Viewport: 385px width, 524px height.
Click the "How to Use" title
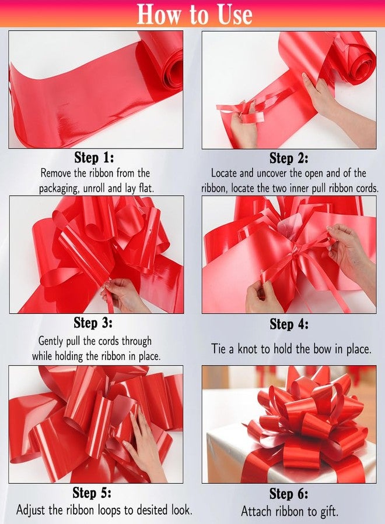pos(194,14)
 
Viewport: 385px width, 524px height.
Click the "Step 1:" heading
pos(94,157)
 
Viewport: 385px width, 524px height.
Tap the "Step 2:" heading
pos(289,158)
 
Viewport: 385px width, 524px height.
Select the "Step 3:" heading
pos(93,323)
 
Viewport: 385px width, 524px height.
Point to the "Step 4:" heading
pos(289,324)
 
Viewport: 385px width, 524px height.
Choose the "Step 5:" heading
pos(92,493)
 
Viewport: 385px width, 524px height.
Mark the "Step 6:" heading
pos(289,494)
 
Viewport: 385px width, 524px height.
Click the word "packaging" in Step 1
pos(60,189)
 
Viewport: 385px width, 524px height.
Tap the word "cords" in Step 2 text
pos(367,188)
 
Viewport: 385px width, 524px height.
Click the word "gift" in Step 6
pos(329,511)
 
